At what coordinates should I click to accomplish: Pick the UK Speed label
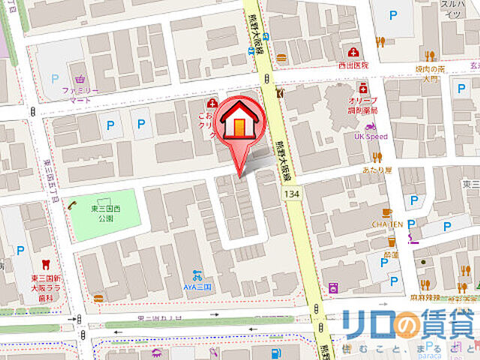(370, 136)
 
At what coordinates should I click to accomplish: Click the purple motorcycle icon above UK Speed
(370, 126)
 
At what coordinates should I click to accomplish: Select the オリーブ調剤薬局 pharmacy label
(363, 105)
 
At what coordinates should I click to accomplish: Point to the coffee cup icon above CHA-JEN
(387, 212)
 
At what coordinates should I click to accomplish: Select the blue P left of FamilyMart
(54, 78)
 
